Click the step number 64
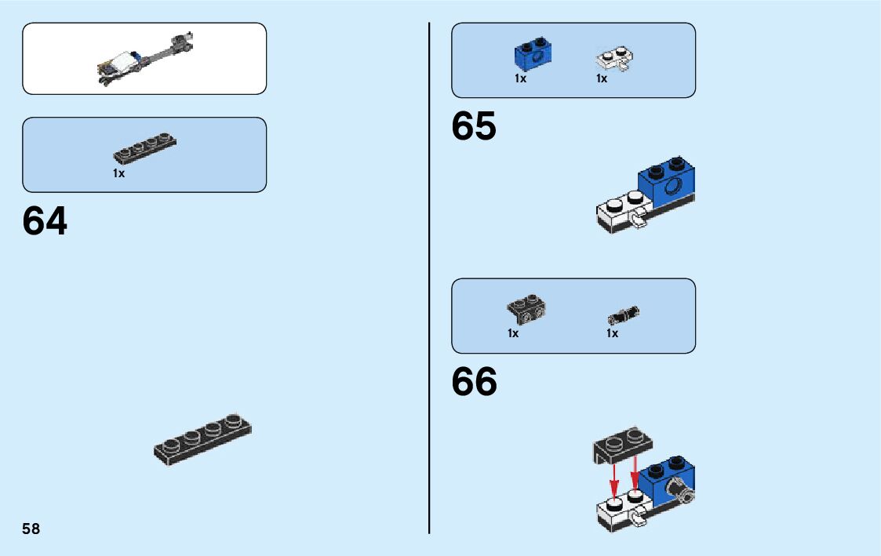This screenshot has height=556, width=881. click(46, 222)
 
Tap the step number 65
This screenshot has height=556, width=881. click(474, 127)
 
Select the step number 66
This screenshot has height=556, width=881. click(474, 382)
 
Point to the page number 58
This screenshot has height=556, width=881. click(31, 529)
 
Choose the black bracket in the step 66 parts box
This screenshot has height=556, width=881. click(526, 310)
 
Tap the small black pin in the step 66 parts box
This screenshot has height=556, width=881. click(624, 315)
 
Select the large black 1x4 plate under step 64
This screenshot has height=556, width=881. click(202, 440)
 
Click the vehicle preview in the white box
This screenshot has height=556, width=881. click(145, 59)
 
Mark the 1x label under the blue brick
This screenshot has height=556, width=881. click(520, 78)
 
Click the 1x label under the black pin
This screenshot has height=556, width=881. click(612, 333)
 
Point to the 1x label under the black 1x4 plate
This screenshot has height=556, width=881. click(118, 173)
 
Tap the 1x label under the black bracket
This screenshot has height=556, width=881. click(513, 333)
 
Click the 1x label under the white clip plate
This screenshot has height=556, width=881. click(602, 78)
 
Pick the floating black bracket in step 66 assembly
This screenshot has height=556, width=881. click(622, 445)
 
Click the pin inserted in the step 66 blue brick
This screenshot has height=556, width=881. click(679, 492)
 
